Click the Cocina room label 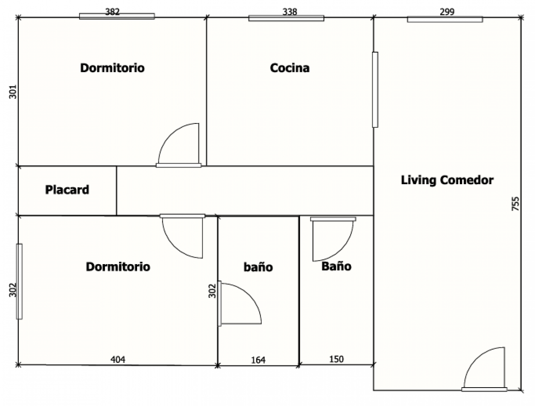pyautogui.click(x=289, y=68)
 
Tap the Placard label pyautogui.click(x=67, y=190)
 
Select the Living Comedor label pyautogui.click(x=447, y=180)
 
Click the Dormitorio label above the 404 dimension pyautogui.click(x=118, y=267)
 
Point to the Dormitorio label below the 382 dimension pyautogui.click(x=112, y=68)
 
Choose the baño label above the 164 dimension pyautogui.click(x=258, y=267)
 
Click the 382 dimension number pyautogui.click(x=112, y=12)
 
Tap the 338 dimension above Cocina pyautogui.click(x=289, y=12)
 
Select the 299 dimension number pyautogui.click(x=447, y=12)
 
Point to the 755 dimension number pyautogui.click(x=515, y=203)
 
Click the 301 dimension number pyautogui.click(x=13, y=92)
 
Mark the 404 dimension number pyautogui.click(x=118, y=359)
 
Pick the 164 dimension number pyautogui.click(x=258, y=360)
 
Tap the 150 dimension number pyautogui.click(x=336, y=359)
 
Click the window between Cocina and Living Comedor pyautogui.click(x=375, y=89)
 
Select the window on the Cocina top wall pyautogui.click(x=286, y=18)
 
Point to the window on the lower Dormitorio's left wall pyautogui.click(x=19, y=282)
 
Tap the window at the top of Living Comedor pyautogui.click(x=445, y=20)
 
